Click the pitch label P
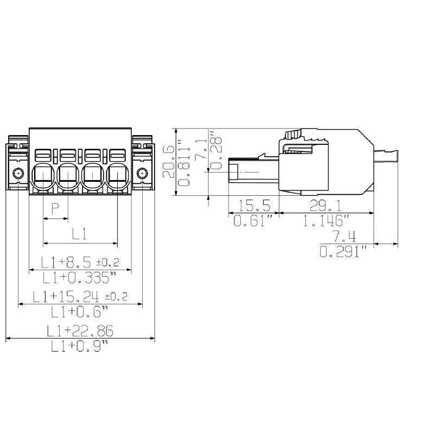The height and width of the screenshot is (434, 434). [x=55, y=208]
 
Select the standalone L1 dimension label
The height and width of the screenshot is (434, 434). [x=79, y=234]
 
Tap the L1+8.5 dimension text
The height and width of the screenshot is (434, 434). [x=66, y=263]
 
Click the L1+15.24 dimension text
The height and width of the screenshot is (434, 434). [x=66, y=296]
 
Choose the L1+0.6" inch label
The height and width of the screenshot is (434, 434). [x=79, y=311]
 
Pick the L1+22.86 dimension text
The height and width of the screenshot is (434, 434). [x=80, y=331]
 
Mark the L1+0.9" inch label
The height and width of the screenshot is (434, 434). [x=79, y=346]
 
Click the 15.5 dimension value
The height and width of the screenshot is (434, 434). [x=254, y=206]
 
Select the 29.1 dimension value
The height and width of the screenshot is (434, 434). [x=325, y=206]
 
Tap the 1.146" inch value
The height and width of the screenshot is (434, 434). [x=326, y=221]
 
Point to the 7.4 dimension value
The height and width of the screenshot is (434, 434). [x=344, y=237]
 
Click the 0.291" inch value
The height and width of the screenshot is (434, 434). [x=343, y=252]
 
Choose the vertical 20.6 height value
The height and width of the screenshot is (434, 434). [x=169, y=162]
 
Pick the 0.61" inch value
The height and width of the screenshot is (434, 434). [x=253, y=221]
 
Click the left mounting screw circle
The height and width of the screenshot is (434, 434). [x=18, y=174]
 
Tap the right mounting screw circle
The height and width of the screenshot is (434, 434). [x=142, y=174]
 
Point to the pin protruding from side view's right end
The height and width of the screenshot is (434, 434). [x=386, y=156]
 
